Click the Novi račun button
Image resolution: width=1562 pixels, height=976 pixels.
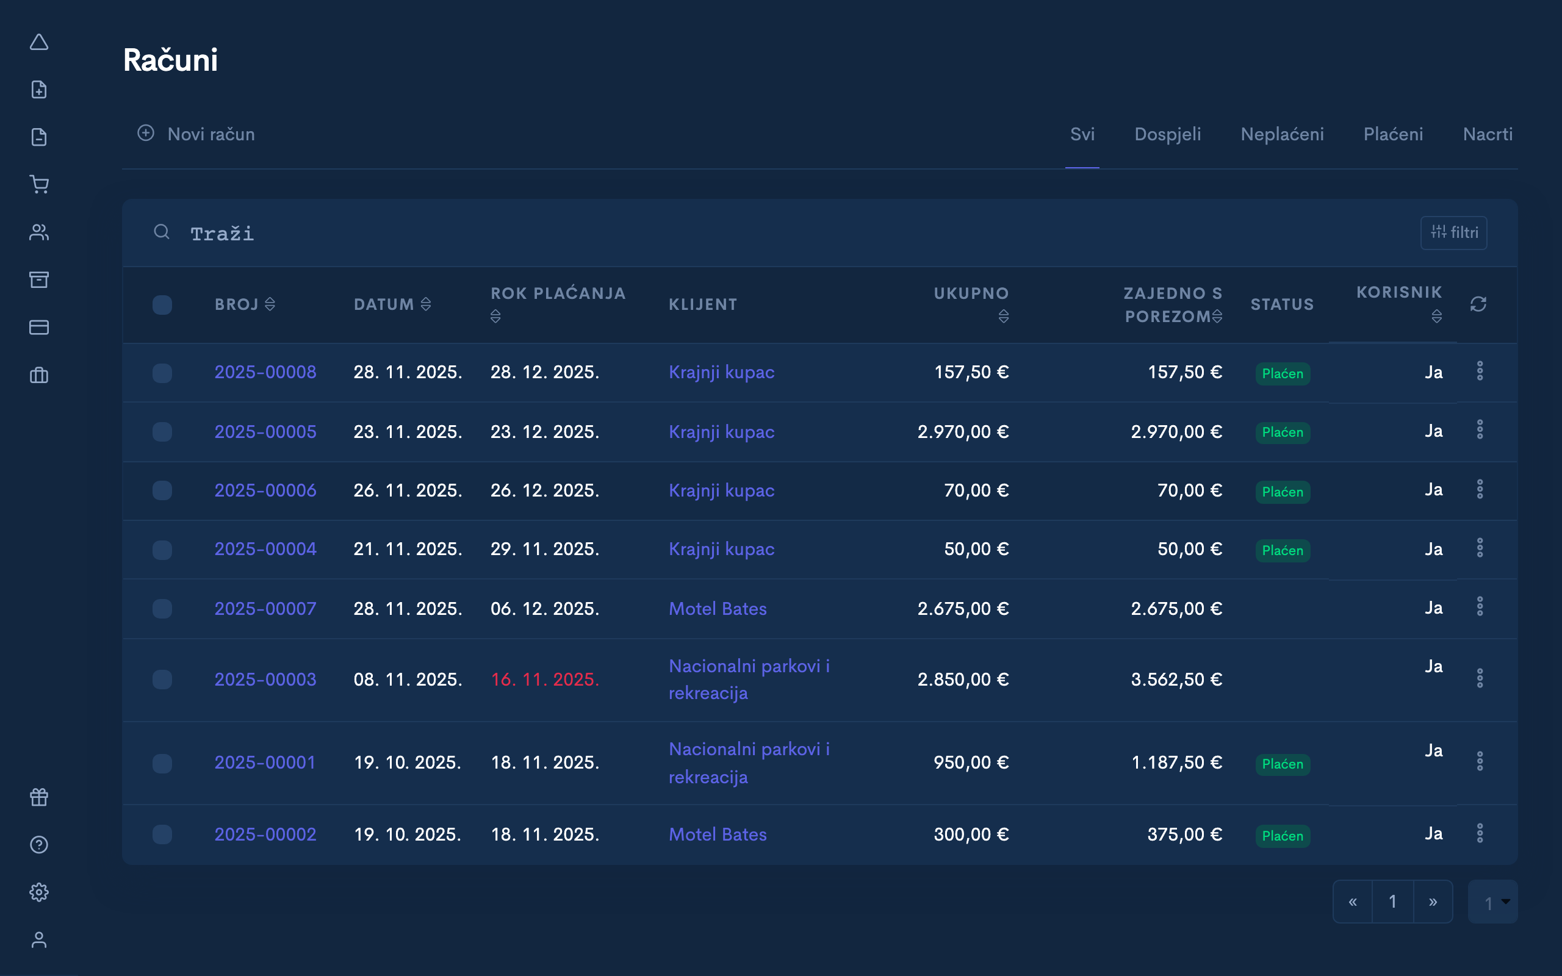(x=197, y=134)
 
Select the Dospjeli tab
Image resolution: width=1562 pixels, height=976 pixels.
(x=1167, y=134)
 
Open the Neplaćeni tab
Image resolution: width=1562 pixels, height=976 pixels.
(x=1281, y=134)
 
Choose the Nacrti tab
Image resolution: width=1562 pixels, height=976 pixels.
(x=1487, y=134)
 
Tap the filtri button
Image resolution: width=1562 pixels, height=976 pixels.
(x=1453, y=232)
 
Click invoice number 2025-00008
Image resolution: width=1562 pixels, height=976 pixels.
(x=265, y=373)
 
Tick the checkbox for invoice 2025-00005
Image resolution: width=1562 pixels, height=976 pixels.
(x=162, y=432)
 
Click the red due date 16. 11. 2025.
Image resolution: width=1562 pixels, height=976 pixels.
(x=545, y=680)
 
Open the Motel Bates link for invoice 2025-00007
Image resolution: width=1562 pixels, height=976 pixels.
(x=717, y=609)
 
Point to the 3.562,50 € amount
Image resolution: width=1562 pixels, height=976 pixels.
(x=1176, y=680)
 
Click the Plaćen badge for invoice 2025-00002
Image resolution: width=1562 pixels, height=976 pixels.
(x=1282, y=836)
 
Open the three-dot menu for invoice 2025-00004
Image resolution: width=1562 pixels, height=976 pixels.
(x=1480, y=548)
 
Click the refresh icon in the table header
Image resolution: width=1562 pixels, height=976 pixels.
(x=1478, y=304)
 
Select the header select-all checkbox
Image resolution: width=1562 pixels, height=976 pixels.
(x=162, y=304)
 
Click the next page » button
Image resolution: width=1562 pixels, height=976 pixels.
(x=1432, y=902)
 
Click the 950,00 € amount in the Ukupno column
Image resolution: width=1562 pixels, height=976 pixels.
(x=970, y=763)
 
